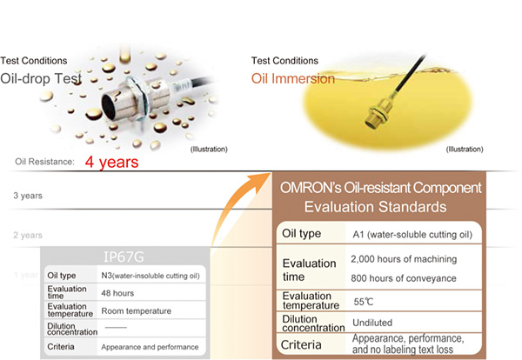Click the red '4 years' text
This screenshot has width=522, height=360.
111,163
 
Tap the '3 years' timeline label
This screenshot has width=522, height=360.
28,196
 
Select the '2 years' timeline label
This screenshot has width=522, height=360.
28,236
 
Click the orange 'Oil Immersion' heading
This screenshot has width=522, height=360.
293,79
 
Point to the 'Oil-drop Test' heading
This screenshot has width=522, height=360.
41,79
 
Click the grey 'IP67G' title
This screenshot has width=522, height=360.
124,257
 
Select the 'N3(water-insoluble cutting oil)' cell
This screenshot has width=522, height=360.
151,276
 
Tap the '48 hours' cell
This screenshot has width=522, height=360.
117,293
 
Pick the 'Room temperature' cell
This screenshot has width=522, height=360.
137,311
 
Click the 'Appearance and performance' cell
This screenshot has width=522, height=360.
150,347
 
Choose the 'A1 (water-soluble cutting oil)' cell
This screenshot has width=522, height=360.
412,235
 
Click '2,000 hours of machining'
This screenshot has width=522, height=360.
404,259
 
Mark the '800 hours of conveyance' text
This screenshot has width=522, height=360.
404,278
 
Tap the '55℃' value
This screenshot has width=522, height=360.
364,302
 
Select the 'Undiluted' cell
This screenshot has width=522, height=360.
372,323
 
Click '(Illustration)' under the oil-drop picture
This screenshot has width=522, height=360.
209,150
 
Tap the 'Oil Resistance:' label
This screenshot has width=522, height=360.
44,162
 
